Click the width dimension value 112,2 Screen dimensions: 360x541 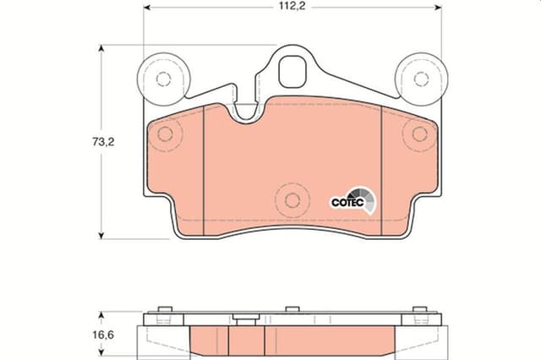[292, 7]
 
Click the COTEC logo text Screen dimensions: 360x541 [345, 202]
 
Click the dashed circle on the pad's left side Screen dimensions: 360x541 [166, 134]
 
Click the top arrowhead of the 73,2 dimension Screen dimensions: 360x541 [103, 49]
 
